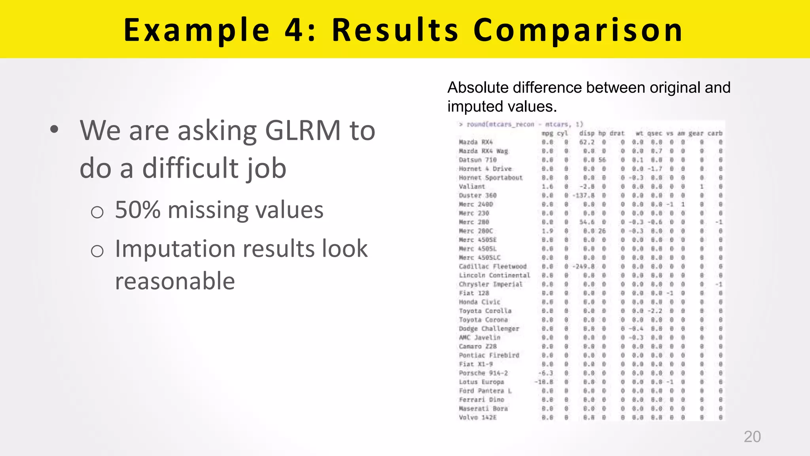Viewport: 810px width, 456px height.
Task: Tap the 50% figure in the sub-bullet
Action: pyautogui.click(x=138, y=210)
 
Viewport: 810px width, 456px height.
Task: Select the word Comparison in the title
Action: pyautogui.click(x=578, y=30)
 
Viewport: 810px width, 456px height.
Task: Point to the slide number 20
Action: pyautogui.click(x=752, y=437)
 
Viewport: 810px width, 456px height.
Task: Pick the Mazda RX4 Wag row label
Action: pyautogui.click(x=483, y=151)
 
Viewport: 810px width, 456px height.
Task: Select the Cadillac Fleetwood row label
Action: pyautogui.click(x=492, y=266)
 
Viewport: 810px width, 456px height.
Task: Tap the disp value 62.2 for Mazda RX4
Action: pyautogui.click(x=587, y=142)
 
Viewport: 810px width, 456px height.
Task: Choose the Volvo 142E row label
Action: pyautogui.click(x=477, y=417)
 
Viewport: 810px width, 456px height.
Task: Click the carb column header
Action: pyautogui.click(x=715, y=133)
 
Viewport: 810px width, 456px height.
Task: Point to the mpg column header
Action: pyautogui.click(x=547, y=133)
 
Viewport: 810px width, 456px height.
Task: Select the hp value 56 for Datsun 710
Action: pyautogui.click(x=602, y=160)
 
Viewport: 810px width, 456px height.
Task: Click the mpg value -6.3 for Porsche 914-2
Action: pyautogui.click(x=546, y=373)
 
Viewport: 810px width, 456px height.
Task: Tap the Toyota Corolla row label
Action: pyautogui.click(x=485, y=311)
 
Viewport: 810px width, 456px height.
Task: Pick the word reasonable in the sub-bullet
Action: pyautogui.click(x=175, y=281)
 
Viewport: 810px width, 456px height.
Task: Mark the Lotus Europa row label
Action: pyautogui.click(x=481, y=382)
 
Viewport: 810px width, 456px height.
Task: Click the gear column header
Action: pyautogui.click(x=696, y=133)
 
